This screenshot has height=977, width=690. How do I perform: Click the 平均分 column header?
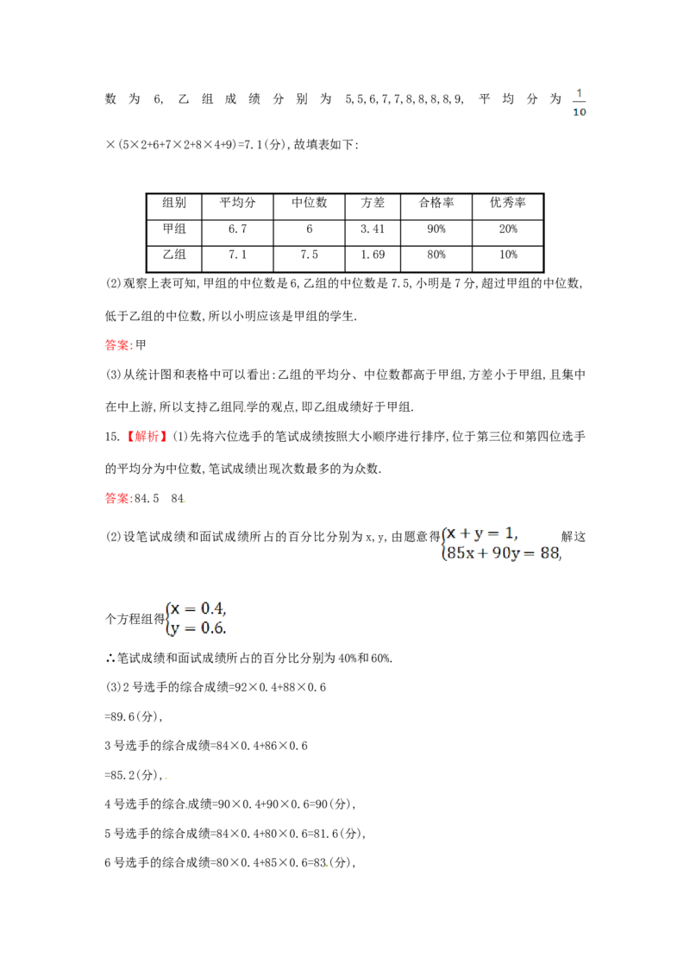(237, 203)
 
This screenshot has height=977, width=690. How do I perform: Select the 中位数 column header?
(309, 203)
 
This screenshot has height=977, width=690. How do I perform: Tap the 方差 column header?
(373, 203)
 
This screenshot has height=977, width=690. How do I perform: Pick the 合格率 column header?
(436, 203)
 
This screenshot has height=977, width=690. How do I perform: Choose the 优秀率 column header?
(507, 203)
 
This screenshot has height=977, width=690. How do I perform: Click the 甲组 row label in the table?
(174, 229)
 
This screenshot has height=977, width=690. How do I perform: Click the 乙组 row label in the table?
(174, 255)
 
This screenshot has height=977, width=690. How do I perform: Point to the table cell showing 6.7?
(237, 230)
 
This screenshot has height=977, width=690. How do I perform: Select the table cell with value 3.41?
(373, 230)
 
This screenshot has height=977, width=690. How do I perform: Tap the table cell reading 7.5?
(309, 255)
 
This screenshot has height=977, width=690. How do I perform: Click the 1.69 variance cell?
(373, 255)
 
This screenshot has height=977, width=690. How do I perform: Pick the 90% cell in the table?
(436, 230)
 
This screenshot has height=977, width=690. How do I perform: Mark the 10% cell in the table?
(507, 255)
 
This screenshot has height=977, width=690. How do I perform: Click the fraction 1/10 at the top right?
(579, 103)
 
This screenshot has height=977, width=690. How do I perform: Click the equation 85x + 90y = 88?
(504, 553)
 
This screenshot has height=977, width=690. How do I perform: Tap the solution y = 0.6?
(198, 628)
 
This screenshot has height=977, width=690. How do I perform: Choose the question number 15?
(112, 437)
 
